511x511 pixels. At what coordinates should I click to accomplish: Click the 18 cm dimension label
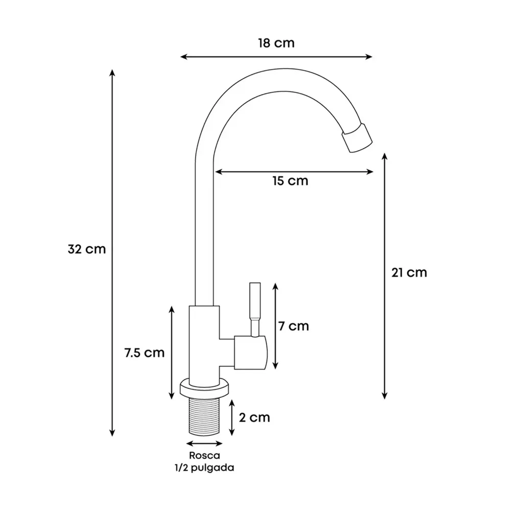(x=276, y=43)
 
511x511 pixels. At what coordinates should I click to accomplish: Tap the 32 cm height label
(x=87, y=249)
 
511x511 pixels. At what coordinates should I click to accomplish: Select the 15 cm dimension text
(x=290, y=181)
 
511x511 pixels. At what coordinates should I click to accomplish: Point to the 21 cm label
(x=409, y=272)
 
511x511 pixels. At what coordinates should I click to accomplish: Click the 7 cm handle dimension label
(x=293, y=326)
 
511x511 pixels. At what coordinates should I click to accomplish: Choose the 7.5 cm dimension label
(x=145, y=353)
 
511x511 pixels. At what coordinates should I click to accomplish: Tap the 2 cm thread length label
(x=254, y=417)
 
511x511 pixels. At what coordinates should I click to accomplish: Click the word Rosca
(x=205, y=455)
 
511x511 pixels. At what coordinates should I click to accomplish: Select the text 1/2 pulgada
(x=204, y=468)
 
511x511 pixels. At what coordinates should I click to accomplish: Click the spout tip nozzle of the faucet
(x=357, y=138)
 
